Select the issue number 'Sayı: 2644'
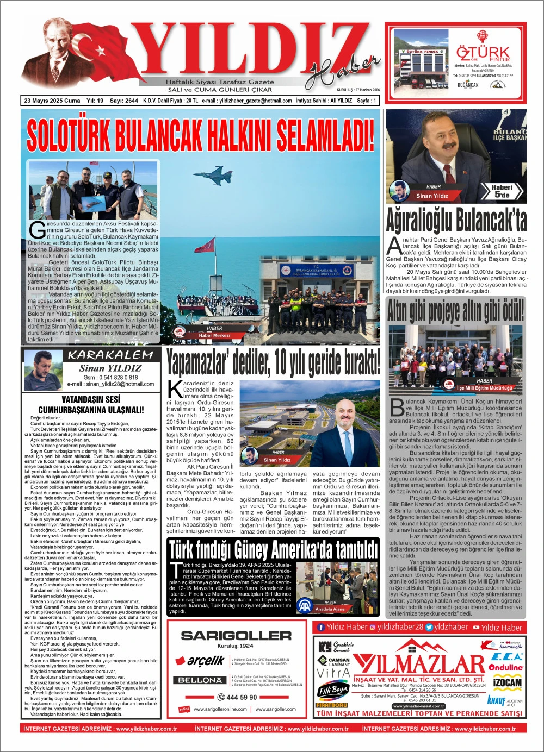tap(123, 101)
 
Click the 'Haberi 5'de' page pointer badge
tap(502, 191)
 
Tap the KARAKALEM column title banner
tap(110, 355)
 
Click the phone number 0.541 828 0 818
tap(110, 377)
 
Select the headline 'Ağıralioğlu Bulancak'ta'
tap(456, 220)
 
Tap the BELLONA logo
tap(200, 680)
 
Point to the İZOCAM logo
tap(507, 682)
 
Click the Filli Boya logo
tap(332, 690)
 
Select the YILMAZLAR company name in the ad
tap(419, 664)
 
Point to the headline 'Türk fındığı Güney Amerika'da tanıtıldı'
tap(273, 550)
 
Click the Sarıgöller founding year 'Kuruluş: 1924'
tap(235, 646)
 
